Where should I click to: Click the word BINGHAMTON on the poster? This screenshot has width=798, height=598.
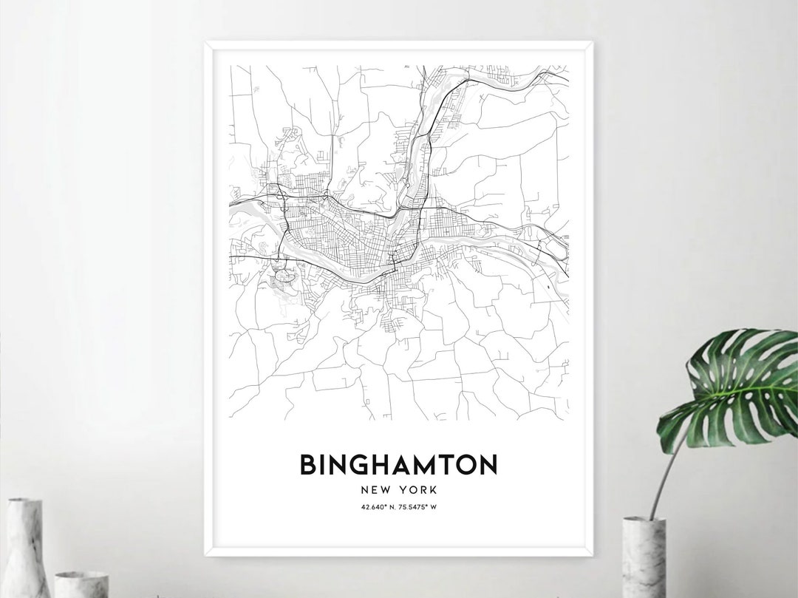(398, 465)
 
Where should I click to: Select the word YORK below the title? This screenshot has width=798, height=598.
(417, 489)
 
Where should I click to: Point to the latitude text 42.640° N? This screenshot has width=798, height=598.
(378, 507)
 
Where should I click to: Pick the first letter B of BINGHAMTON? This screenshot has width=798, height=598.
(307, 465)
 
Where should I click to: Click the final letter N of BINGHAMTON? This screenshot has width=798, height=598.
(488, 465)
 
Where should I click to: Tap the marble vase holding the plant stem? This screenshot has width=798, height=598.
(644, 558)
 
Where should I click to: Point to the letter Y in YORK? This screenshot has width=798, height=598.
(403, 489)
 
